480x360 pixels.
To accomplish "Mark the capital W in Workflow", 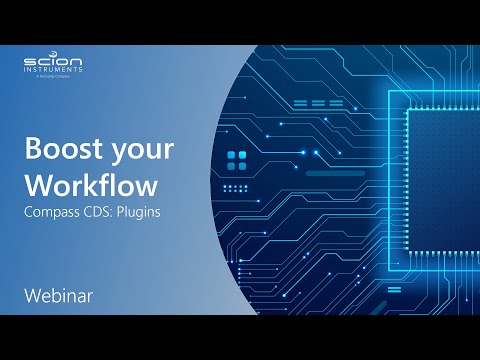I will (x=37, y=186).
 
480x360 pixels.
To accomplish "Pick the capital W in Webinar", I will (x=32, y=296).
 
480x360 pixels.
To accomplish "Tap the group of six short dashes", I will (x=312, y=103).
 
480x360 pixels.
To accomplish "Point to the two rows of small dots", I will (x=236, y=187).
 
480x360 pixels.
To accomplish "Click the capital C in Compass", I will (x=28, y=213).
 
